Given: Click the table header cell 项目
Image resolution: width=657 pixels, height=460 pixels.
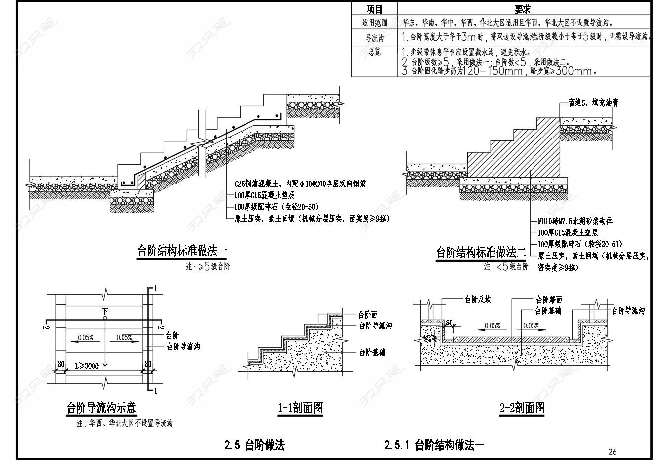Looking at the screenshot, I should point(374,9).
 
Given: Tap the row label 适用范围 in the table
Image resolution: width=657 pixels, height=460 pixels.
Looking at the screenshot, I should point(374,23).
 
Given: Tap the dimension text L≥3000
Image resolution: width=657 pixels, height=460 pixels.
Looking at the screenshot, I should point(86,366).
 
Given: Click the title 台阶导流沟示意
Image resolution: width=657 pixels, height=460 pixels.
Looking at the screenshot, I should point(101,408).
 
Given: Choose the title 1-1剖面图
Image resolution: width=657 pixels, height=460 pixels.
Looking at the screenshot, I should point(300,408).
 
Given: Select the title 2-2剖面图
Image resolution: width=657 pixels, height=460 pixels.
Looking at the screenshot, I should point(522,408).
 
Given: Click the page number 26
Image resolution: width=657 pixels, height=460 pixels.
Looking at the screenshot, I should point(613,451).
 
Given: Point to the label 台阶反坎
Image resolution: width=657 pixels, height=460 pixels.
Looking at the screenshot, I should point(478,299).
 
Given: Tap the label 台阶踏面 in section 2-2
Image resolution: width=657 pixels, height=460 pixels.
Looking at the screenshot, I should point(549,299).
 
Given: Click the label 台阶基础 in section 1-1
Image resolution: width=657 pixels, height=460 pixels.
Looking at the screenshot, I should point(372,352).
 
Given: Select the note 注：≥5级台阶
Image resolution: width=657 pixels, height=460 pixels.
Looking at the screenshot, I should point(207,267).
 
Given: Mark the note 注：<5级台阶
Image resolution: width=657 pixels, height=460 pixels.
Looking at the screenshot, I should point(506,267).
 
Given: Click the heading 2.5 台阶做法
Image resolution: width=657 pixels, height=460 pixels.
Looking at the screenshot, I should point(254,445).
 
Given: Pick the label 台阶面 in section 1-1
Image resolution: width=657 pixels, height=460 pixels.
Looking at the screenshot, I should point(368,314).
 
